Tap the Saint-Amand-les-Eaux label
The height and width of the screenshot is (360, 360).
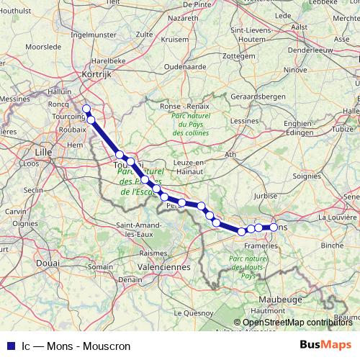(x=140, y=230)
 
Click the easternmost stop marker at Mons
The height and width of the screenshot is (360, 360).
(x=274, y=228)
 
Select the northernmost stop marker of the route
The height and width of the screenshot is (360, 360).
(x=86, y=109)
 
